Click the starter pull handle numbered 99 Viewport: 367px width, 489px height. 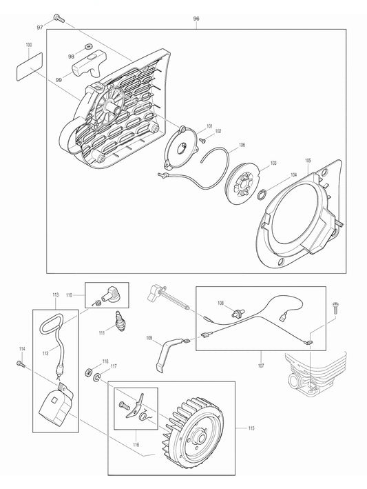[x=87, y=66]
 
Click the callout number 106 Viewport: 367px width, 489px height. [x=242, y=145]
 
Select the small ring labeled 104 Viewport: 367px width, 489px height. [x=263, y=195]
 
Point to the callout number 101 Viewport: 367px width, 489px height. [x=209, y=126]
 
